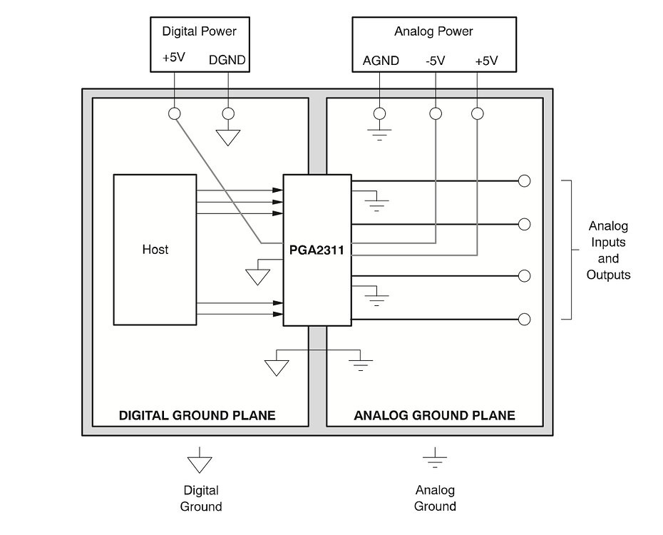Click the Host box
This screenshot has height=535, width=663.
155,250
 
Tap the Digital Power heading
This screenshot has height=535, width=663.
199,31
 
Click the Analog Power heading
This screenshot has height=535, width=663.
433,31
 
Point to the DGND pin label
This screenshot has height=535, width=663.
227,61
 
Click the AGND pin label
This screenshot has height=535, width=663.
381,61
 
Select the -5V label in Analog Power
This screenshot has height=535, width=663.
435,61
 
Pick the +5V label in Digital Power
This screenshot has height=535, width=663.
173,58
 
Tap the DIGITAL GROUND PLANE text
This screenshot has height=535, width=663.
197,415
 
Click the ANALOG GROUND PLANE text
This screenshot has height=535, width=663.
434,415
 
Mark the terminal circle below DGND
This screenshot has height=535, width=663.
228,113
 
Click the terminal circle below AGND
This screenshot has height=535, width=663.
380,113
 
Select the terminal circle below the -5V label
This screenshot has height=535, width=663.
436,113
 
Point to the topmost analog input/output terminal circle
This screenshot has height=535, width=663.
524,180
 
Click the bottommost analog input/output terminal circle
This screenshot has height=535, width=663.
524,319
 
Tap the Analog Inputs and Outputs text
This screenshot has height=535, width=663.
608,250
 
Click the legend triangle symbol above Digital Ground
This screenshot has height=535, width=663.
200,464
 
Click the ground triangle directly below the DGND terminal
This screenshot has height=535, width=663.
228,137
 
